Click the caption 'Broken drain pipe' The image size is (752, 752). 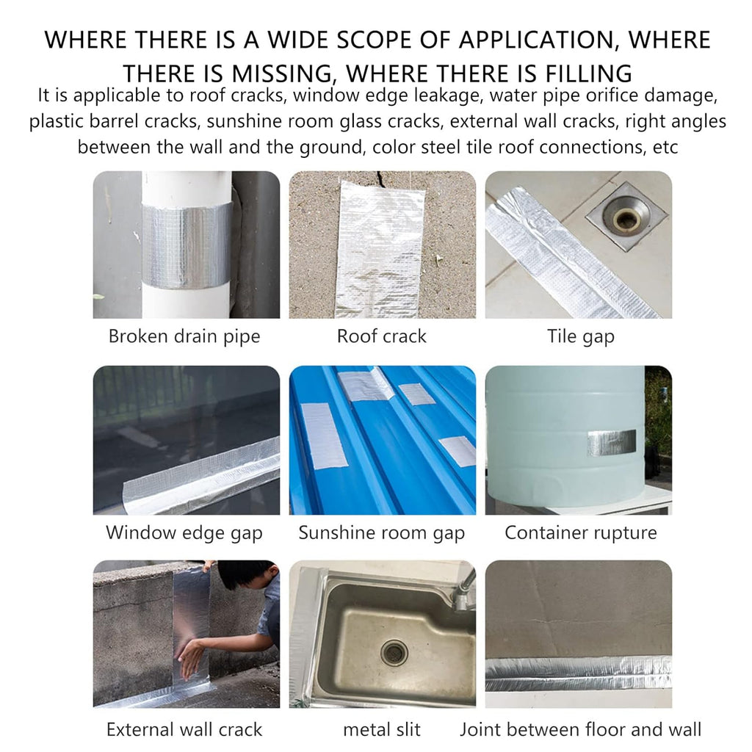[x=184, y=336]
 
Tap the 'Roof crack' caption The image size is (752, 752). [x=382, y=336]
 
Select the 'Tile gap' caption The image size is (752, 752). [x=580, y=336]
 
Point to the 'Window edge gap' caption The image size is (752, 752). [x=184, y=533]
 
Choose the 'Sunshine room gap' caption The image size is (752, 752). [x=382, y=533]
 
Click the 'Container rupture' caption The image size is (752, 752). [x=580, y=533]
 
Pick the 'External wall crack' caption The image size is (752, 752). [x=184, y=729]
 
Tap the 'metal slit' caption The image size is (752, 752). [x=382, y=729]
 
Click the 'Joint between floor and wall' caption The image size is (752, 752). [x=580, y=729]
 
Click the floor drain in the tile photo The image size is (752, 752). [x=625, y=217]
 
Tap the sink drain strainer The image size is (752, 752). [x=394, y=652]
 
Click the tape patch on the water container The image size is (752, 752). [x=612, y=442]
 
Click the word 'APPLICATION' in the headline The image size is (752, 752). [x=536, y=40]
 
